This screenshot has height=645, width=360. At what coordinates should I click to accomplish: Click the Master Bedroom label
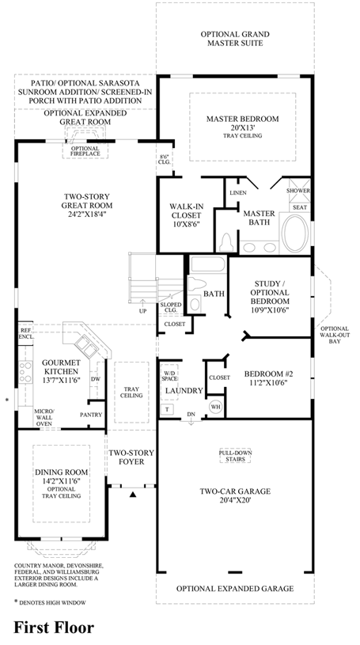click(x=242, y=120)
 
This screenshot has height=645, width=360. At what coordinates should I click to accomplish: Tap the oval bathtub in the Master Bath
click(x=295, y=233)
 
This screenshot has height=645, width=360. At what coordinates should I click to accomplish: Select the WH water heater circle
click(x=215, y=408)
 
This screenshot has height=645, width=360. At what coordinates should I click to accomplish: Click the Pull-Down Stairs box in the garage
click(x=235, y=456)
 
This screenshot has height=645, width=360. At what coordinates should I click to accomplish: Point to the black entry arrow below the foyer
click(x=132, y=494)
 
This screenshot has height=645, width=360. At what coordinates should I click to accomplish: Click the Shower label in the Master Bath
click(x=298, y=191)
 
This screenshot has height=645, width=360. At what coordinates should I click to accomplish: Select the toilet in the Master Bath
click(x=227, y=242)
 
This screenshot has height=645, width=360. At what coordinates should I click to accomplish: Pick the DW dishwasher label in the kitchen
click(x=96, y=379)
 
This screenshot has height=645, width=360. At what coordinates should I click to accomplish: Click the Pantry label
click(x=91, y=415)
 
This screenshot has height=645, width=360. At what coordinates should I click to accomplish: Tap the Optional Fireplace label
click(x=85, y=151)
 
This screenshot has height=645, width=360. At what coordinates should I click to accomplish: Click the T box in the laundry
click(x=168, y=410)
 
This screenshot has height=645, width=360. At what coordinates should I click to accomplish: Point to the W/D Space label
click(x=169, y=375)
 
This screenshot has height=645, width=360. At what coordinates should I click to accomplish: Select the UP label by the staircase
click(x=142, y=311)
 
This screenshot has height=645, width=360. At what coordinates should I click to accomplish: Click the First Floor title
click(x=54, y=627)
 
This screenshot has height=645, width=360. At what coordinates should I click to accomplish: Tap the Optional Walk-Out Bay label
click(x=335, y=335)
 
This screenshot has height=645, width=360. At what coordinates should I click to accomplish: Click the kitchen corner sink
click(x=88, y=345)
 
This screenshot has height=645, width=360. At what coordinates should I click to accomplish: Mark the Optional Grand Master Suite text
click(x=235, y=38)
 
